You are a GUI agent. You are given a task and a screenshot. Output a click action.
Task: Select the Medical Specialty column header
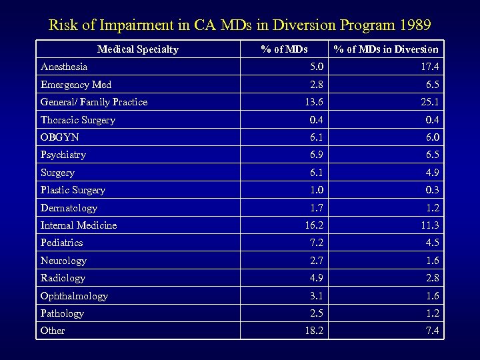point(138,49)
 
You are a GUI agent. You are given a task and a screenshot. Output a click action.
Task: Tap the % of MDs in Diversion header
point(386,49)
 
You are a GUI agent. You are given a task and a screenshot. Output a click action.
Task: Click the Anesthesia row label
point(64,67)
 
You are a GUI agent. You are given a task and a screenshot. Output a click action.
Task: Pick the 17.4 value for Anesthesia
point(429,67)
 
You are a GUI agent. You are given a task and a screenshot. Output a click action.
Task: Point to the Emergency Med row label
point(76,85)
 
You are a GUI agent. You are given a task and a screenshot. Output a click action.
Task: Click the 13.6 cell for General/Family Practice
point(313,102)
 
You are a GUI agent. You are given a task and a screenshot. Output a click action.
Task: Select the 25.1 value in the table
point(429,102)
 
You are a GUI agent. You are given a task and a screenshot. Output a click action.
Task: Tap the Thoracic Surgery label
point(78,120)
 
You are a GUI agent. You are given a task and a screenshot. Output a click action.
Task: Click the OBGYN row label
point(60,137)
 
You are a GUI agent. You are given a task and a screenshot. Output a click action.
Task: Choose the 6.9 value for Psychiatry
point(316,155)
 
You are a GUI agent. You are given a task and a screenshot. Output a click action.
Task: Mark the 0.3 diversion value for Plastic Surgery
point(431,190)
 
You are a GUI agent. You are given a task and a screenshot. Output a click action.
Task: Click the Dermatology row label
point(69,208)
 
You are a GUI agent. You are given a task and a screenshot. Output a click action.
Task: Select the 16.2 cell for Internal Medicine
point(313,225)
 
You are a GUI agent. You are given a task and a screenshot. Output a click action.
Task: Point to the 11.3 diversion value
point(429,225)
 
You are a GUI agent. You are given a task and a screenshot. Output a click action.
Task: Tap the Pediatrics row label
point(61,243)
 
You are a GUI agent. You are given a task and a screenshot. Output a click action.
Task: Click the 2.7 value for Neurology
point(316,261)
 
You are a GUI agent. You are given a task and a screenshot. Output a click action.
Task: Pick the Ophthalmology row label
point(74,296)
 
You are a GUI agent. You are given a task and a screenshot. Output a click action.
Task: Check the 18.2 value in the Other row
point(313,331)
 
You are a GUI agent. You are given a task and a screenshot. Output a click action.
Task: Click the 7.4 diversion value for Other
point(431,331)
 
